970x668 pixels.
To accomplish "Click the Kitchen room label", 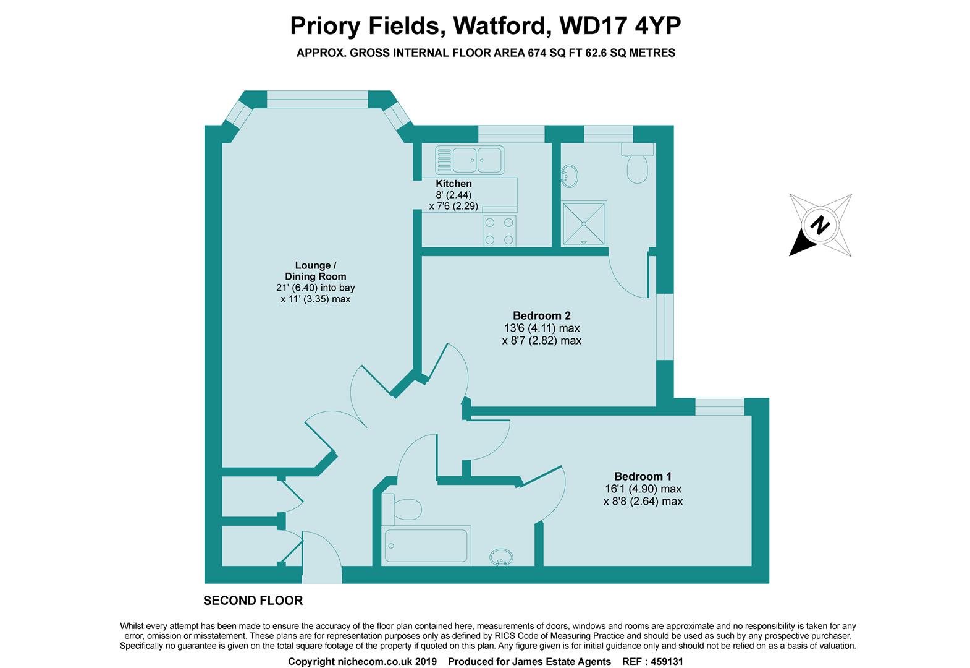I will [x=453, y=184].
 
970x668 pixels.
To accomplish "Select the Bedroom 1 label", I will [x=643, y=476].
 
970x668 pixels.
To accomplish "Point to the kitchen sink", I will [x=469, y=160].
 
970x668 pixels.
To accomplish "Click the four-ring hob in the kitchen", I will [x=499, y=231].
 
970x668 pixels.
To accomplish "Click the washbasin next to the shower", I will [x=570, y=176].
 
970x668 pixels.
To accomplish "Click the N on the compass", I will [x=820, y=225].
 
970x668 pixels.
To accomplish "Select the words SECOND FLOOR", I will [x=253, y=601].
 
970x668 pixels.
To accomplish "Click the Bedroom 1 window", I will [x=719, y=406].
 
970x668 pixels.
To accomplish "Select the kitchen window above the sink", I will [x=511, y=134].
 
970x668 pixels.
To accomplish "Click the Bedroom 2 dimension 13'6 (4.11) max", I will [x=541, y=328].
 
